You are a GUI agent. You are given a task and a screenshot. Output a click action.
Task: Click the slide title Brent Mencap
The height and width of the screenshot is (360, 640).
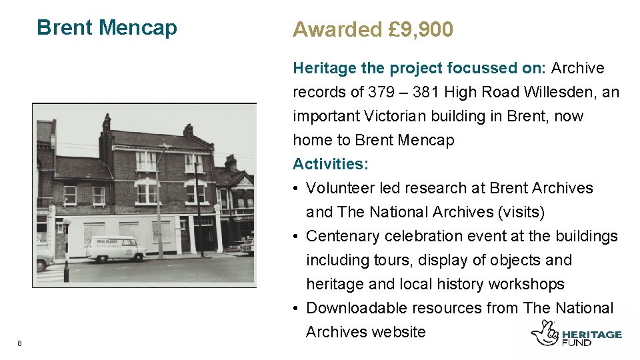pos(107,27)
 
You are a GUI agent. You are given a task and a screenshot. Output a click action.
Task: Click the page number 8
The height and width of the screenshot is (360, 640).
pos(20,343)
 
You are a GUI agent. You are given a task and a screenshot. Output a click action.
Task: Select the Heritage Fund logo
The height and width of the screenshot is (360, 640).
pos(576,333)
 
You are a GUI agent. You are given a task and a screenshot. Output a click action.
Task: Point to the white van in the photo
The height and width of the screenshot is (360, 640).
pos(115,249)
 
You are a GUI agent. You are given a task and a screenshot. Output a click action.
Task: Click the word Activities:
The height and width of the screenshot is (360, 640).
pos(331,164)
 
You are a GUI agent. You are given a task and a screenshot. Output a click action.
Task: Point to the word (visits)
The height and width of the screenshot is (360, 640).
pos(522,212)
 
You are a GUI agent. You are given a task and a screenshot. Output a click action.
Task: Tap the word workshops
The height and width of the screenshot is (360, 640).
pos(527,284)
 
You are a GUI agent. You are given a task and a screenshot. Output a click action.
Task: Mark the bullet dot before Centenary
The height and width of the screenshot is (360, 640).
pos(296,236)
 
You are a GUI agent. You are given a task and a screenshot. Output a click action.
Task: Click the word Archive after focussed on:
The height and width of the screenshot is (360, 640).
pos(578,68)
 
